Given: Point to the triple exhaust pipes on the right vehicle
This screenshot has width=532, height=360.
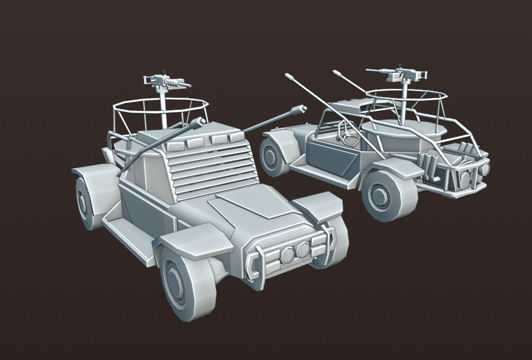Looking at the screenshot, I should [x=430, y=161].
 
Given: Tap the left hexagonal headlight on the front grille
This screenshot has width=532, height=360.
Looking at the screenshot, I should [x=287, y=255].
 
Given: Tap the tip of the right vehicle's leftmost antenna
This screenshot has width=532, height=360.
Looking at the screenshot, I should [x=288, y=76].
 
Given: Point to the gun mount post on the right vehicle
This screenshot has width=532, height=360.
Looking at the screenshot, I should [x=405, y=101].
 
